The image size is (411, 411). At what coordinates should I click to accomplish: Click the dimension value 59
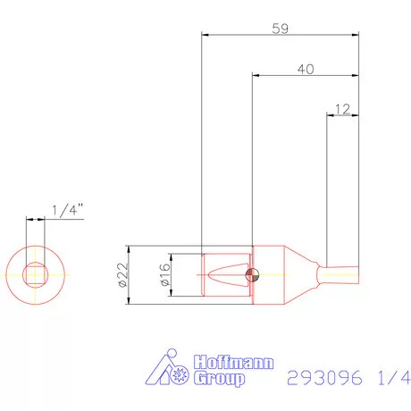[x=280, y=28]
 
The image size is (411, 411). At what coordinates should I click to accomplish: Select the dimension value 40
[x=306, y=70]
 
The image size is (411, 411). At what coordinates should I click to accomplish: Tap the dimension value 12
[x=341, y=109]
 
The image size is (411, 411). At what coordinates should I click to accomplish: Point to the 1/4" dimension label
[x=68, y=210]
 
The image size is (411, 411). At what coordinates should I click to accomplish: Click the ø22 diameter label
[x=122, y=277]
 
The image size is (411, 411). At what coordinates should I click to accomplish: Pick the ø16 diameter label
[x=164, y=277]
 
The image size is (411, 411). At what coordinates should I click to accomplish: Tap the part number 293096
[x=324, y=378]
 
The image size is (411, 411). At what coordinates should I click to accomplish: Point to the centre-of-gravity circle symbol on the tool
[x=254, y=276]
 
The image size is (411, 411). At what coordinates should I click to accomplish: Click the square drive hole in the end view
[x=36, y=276]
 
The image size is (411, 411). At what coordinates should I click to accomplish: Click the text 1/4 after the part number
[x=385, y=378]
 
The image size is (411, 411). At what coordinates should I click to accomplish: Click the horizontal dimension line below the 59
[x=281, y=36]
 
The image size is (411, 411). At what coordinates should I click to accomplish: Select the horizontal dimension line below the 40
[x=306, y=78]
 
